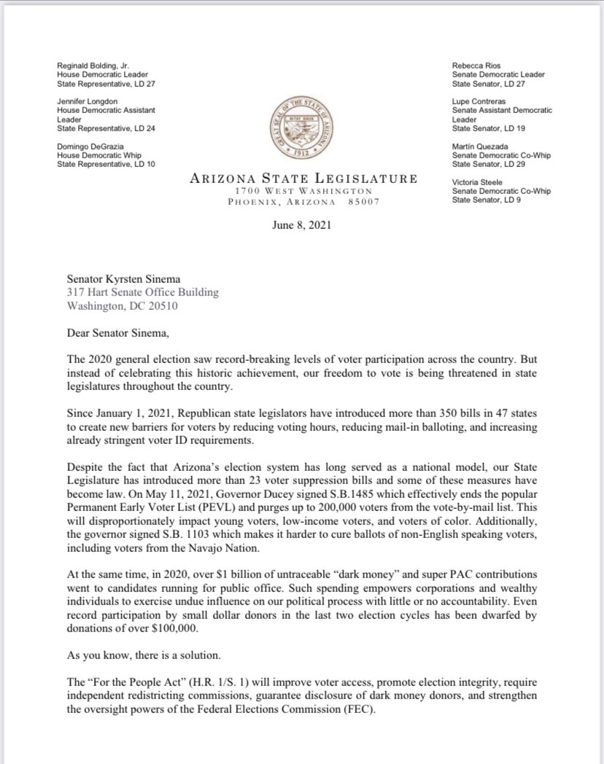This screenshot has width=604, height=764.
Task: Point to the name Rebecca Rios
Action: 476,66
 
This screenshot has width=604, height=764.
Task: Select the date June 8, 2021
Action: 302,225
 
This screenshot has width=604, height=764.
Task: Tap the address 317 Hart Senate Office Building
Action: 142,293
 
